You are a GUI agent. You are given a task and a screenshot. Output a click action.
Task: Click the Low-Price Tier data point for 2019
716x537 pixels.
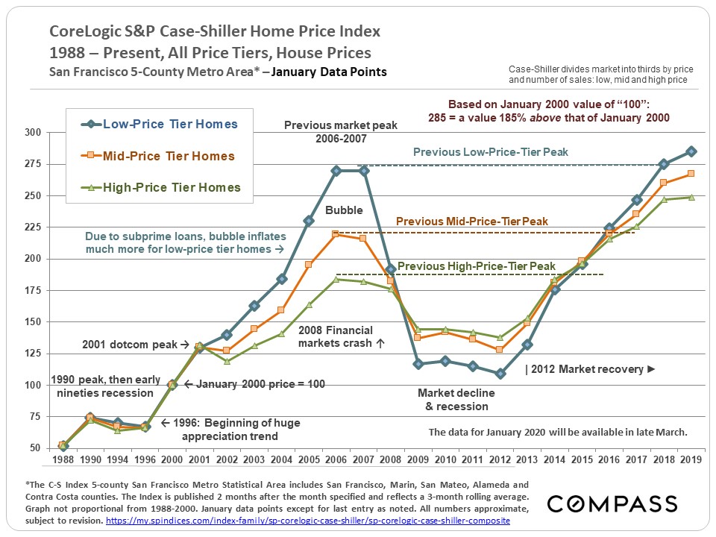point(691,151)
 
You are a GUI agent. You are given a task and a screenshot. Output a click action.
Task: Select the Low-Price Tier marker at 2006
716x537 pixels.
point(336,171)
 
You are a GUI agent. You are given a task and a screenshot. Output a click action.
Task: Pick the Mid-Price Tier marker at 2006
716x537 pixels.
point(336,234)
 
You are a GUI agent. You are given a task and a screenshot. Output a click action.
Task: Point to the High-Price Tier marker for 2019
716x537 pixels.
point(691,198)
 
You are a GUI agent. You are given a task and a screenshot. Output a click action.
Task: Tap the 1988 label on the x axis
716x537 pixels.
point(63,460)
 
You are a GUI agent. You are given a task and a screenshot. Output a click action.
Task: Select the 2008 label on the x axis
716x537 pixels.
point(390,460)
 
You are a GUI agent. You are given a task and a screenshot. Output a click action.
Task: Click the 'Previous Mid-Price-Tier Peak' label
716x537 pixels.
point(471,222)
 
